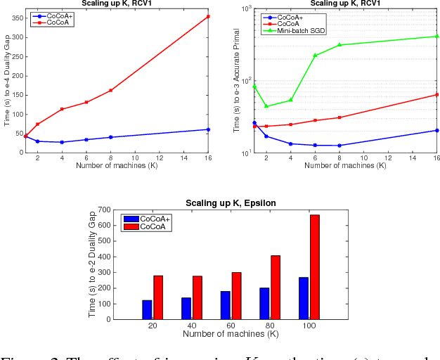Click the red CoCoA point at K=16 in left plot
[x=208, y=16]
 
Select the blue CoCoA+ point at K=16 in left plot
[x=208, y=129]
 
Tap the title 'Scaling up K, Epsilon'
[x=231, y=203]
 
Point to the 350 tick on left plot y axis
[x=17, y=17]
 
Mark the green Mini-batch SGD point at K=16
[x=436, y=36]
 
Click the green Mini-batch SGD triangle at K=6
[x=315, y=56]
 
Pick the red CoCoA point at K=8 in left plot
[x=111, y=90]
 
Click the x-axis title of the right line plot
[x=345, y=166]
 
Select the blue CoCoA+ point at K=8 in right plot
[x=339, y=146]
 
